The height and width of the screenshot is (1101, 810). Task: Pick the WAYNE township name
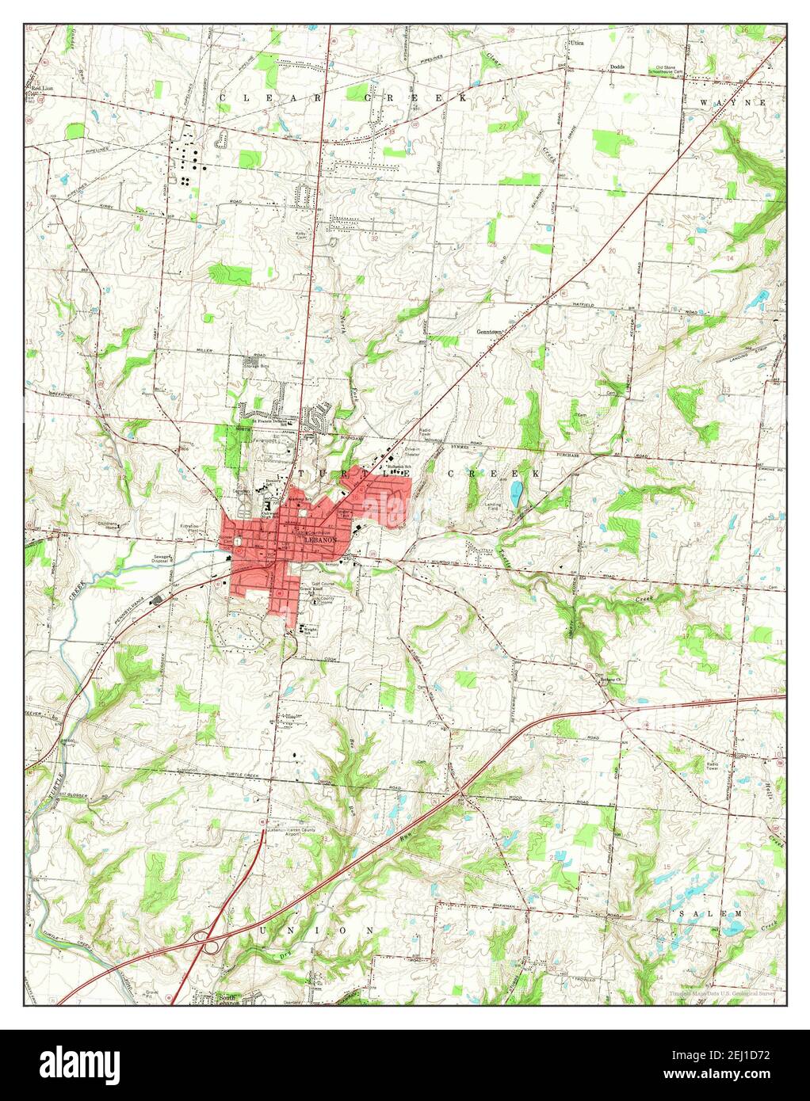(x=733, y=103)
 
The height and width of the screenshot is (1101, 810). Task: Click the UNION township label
(x=315, y=930)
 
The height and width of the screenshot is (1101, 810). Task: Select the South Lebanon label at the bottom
(x=226, y=999)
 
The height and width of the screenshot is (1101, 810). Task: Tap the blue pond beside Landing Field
(x=517, y=496)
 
